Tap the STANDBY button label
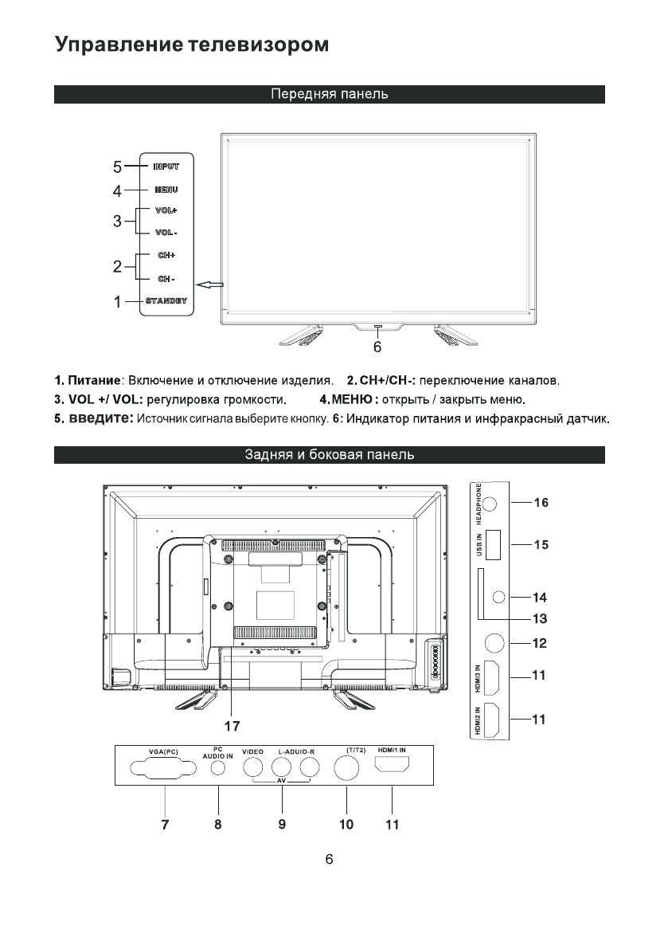click(x=166, y=301)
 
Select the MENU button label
click(x=166, y=190)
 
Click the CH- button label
click(x=166, y=279)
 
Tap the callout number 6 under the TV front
click(x=377, y=347)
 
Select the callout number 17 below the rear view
click(x=231, y=726)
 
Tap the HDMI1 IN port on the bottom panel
click(x=392, y=767)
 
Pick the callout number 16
click(x=541, y=503)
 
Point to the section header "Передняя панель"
click(x=330, y=95)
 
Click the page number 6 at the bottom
click(x=330, y=860)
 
